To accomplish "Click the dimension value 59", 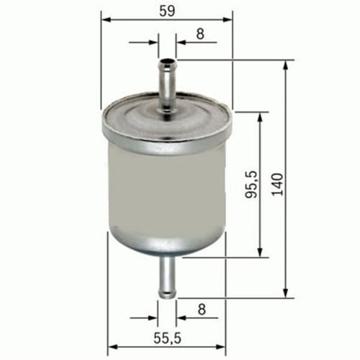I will (167, 10).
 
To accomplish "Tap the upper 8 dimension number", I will (200, 34).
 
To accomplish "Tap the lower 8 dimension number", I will (201, 310).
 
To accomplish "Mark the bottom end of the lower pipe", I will (167, 295).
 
